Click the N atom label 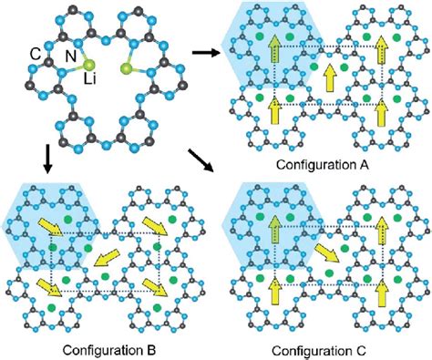69,57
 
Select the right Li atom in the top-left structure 125,67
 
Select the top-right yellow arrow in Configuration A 382,52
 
